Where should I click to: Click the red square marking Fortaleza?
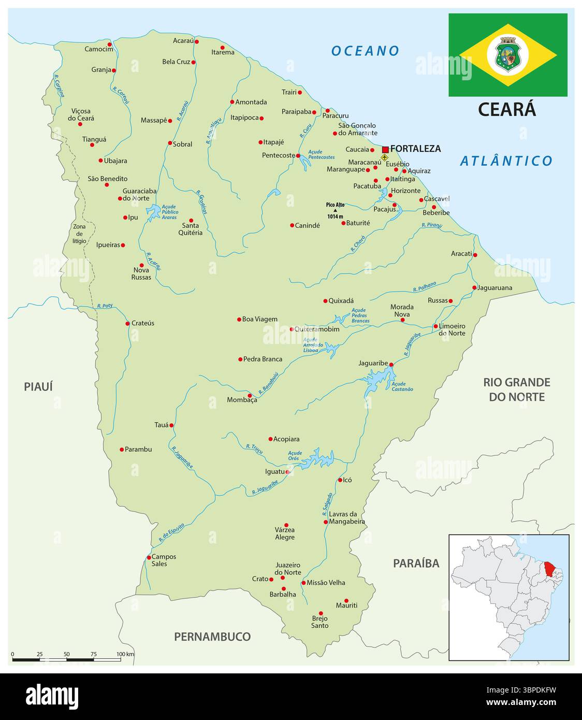point(385,149)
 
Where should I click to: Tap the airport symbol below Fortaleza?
point(384,157)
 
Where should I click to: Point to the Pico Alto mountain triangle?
point(335,210)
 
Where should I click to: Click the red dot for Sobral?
point(170,143)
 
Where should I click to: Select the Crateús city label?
point(143,323)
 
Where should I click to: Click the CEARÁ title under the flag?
point(506,109)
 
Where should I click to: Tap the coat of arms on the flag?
point(507,53)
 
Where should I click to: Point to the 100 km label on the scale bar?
point(125,654)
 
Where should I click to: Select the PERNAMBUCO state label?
point(212,637)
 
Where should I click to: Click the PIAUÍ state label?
point(38,386)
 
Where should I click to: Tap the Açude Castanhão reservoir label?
point(402,386)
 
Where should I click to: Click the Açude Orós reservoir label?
point(295,456)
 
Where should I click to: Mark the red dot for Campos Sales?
point(149,557)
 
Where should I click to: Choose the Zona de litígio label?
point(79,234)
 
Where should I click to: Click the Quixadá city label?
point(341,301)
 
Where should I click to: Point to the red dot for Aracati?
point(475,255)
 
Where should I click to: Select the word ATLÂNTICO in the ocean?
point(506,161)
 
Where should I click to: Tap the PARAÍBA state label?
point(416,563)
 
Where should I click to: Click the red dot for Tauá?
point(171,425)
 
